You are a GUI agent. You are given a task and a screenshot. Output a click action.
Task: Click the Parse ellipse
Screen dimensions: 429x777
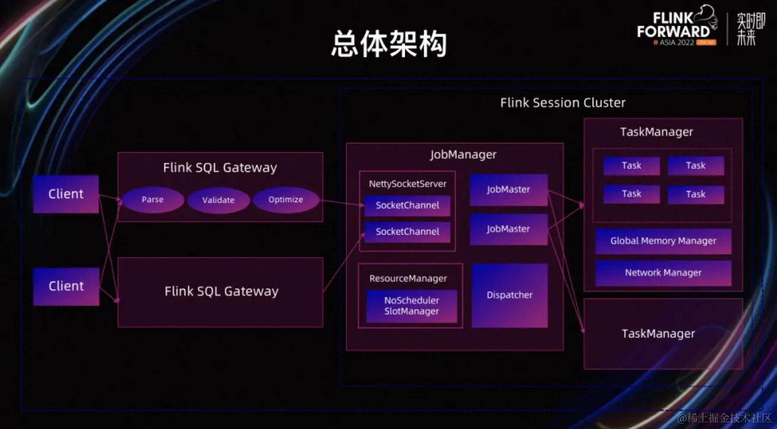click(x=152, y=200)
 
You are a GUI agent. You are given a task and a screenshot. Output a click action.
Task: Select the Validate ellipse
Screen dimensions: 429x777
click(x=218, y=200)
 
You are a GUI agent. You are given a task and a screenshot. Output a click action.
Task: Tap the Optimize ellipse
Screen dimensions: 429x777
click(x=285, y=200)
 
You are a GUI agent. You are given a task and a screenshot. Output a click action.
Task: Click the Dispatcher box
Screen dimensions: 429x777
click(x=509, y=295)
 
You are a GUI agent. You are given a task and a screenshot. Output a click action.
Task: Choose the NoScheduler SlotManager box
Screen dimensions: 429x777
click(x=412, y=306)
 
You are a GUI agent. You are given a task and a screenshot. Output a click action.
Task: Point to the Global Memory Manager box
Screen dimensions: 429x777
click(x=663, y=241)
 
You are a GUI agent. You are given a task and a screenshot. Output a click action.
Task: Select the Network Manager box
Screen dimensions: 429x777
click(x=663, y=273)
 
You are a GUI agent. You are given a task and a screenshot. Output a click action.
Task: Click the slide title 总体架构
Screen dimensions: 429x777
click(x=388, y=44)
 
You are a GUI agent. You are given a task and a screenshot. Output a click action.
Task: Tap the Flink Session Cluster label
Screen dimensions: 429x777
click(x=562, y=103)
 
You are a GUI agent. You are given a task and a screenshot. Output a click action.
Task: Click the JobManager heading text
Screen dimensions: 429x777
click(x=463, y=155)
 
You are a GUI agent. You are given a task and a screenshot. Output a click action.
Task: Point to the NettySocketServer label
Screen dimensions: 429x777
click(x=407, y=184)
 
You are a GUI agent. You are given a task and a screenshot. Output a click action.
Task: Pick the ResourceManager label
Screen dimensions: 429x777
click(x=408, y=278)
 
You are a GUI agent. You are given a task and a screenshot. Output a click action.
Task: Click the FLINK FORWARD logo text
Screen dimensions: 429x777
click(x=673, y=24)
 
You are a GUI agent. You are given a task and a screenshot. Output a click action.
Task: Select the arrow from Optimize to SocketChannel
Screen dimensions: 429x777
click(x=342, y=203)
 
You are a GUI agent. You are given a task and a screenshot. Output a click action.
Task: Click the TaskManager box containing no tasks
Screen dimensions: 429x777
click(x=663, y=334)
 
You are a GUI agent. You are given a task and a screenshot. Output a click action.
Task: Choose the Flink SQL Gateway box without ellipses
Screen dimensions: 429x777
click(x=221, y=292)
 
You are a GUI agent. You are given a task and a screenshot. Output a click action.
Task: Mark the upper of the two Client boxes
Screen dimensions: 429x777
click(x=66, y=194)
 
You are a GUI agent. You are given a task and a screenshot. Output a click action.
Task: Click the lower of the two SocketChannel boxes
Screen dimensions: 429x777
click(x=407, y=232)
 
